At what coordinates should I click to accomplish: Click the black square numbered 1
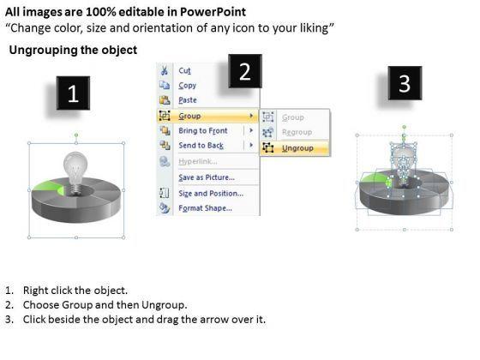coord(73,93)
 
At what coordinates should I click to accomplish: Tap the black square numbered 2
coord(245,71)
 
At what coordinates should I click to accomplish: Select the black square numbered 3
coord(405,83)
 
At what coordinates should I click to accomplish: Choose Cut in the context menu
coord(184,70)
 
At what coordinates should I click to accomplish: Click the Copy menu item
coord(188,86)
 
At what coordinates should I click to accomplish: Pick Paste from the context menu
coord(188,100)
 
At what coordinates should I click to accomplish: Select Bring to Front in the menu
coord(203,130)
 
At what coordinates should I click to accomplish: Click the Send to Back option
coord(201,146)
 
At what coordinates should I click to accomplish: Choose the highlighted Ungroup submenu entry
coord(297,148)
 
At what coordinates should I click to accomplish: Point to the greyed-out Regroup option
coord(297,132)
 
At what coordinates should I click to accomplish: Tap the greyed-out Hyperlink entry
coord(198,161)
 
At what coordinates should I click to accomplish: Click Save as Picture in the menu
coord(207,177)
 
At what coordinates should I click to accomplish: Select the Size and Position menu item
coord(211,194)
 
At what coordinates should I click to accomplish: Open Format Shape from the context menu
coord(205,208)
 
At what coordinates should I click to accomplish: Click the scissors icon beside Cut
coord(165,70)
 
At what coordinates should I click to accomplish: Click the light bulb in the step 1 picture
coord(75,173)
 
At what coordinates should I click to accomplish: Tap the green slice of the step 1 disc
coord(48,188)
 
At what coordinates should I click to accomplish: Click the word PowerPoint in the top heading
coord(213,12)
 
